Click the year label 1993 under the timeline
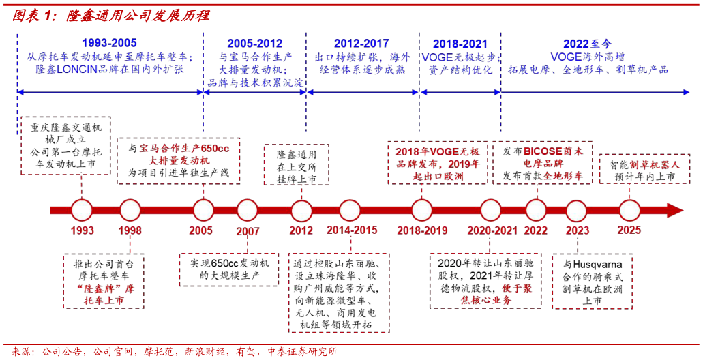pyautogui.click(x=82, y=230)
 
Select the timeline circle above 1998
pyautogui.click(x=130, y=210)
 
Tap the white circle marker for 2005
pyautogui.click(x=203, y=210)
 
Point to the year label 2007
pyautogui.click(x=248, y=231)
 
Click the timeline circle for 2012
pyautogui.click(x=301, y=211)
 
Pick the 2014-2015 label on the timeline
pyautogui.click(x=351, y=230)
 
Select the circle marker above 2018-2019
pyautogui.click(x=422, y=210)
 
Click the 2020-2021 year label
pyautogui.click(x=492, y=230)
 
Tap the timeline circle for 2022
pyautogui.click(x=536, y=210)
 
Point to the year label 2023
pyautogui.click(x=577, y=230)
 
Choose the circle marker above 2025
pyautogui.click(x=629, y=210)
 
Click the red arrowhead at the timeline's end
pyautogui.click(x=674, y=210)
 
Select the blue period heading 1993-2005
pyautogui.click(x=109, y=43)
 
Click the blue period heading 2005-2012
pyautogui.click(x=254, y=43)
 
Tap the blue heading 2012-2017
pyautogui.click(x=361, y=43)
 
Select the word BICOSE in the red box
pyautogui.click(x=543, y=151)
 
